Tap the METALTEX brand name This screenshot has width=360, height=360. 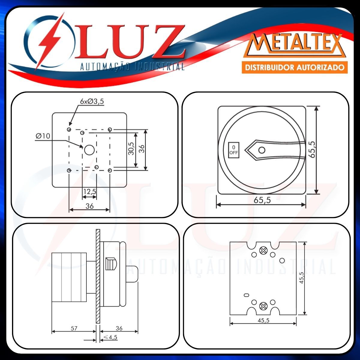[x=295, y=45]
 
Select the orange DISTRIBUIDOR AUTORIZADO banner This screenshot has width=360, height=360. [x=295, y=67]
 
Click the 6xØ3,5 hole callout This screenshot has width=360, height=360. [x=92, y=101]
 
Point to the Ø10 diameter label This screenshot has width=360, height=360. [x=43, y=136]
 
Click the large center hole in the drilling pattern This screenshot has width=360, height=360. [x=89, y=150]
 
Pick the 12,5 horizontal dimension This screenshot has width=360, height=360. [x=89, y=191]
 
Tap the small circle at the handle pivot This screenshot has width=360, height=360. [x=262, y=150]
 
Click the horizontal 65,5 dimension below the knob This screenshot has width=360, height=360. [x=262, y=200]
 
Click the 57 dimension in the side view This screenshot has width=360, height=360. [x=74, y=328]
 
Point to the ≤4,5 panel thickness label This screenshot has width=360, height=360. [x=110, y=337]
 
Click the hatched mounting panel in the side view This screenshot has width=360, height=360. [x=98, y=276]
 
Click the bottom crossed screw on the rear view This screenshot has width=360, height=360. [x=263, y=306]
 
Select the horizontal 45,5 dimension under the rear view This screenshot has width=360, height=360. [x=263, y=320]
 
